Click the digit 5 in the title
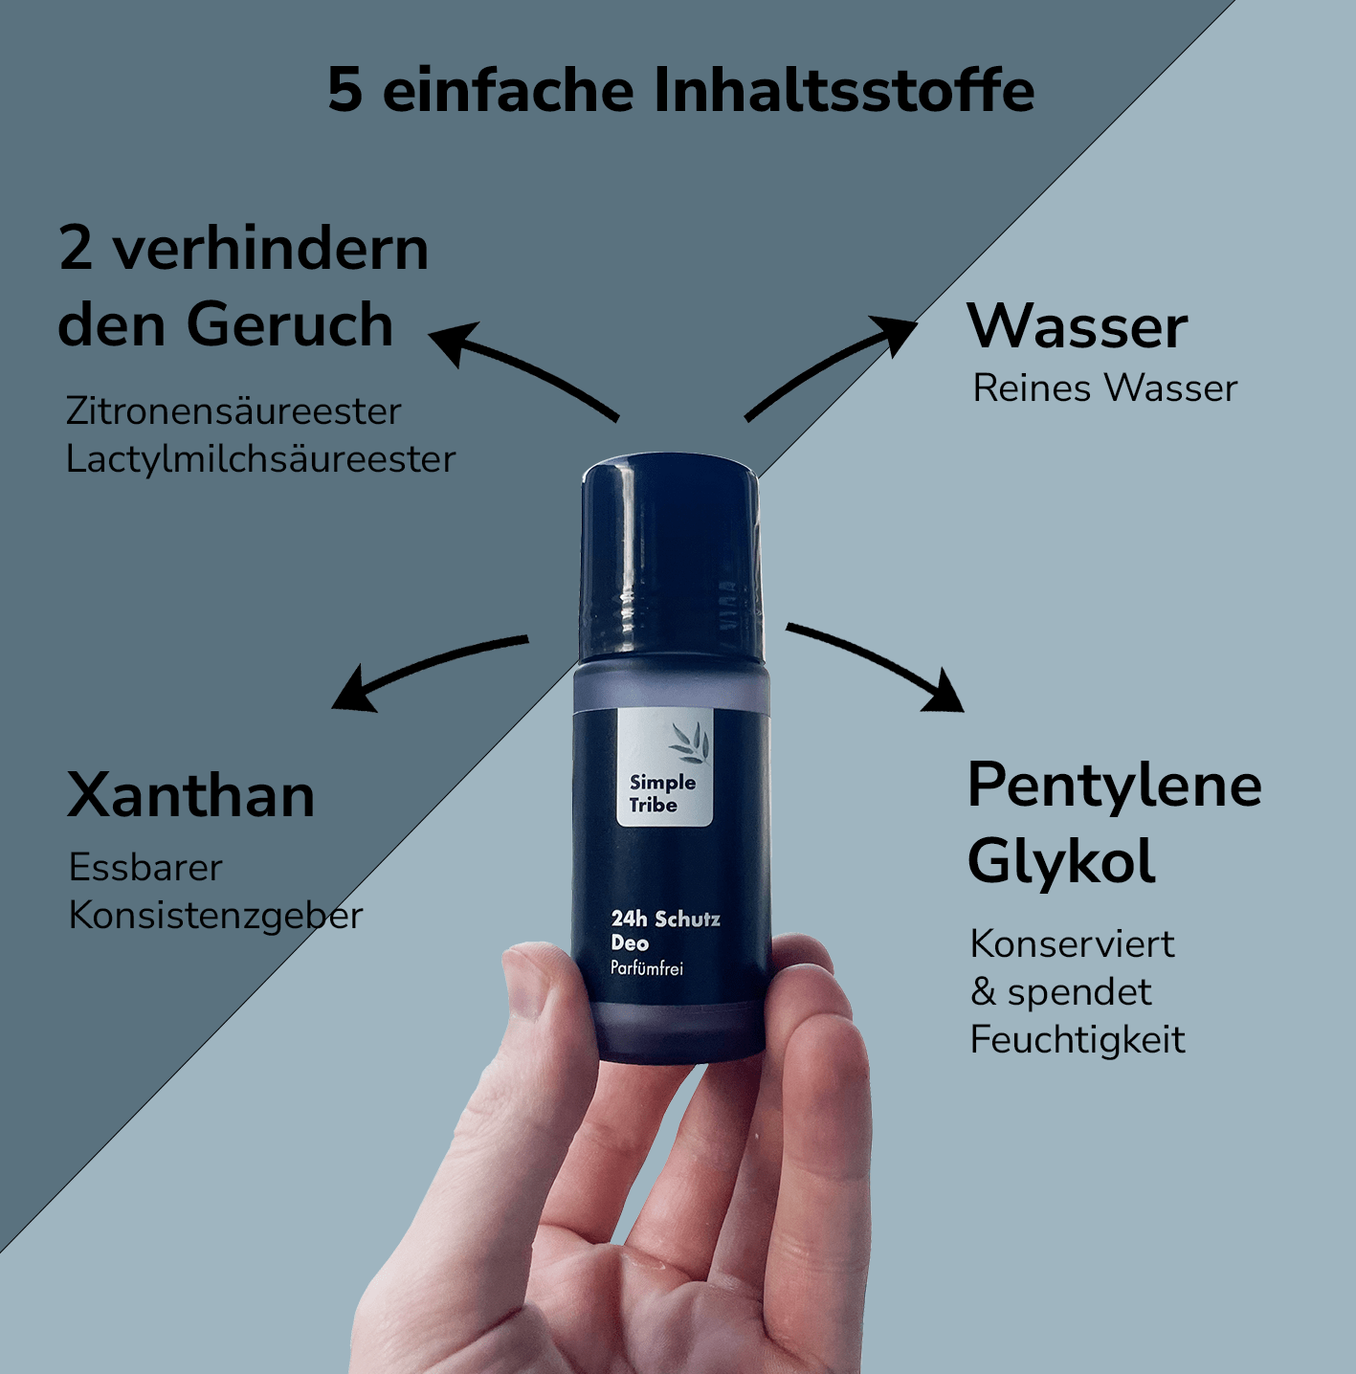[x=345, y=91]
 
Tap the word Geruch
[x=290, y=323]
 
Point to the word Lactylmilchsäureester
[x=260, y=458]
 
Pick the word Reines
[x=1033, y=388]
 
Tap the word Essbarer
[x=145, y=868]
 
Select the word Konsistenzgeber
[x=215, y=916]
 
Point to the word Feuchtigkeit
[x=1078, y=1039]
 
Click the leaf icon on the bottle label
[x=689, y=742]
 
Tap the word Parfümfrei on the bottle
[x=647, y=968]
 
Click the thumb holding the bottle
[x=544, y=998]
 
